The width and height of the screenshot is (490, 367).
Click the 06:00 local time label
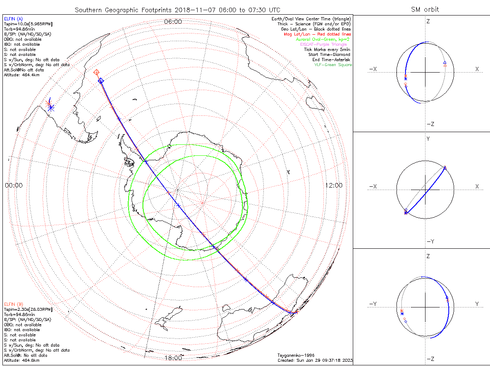click(x=173, y=22)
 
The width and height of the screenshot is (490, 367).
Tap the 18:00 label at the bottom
click(x=173, y=358)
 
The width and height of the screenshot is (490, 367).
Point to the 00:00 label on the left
click(x=13, y=185)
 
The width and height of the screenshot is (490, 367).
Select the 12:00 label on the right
click(x=334, y=185)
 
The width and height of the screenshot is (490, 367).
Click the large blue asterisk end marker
click(x=51, y=108)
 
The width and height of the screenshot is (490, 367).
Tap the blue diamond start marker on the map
click(x=101, y=81)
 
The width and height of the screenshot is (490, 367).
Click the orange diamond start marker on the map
click(x=97, y=73)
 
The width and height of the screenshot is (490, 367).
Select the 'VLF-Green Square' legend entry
click(x=333, y=65)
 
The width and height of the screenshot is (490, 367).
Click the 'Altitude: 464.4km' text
click(x=22, y=75)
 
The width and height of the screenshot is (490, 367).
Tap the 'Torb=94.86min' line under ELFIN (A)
click(x=17, y=29)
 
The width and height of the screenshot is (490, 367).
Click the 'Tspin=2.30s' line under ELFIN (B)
click(x=28, y=310)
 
